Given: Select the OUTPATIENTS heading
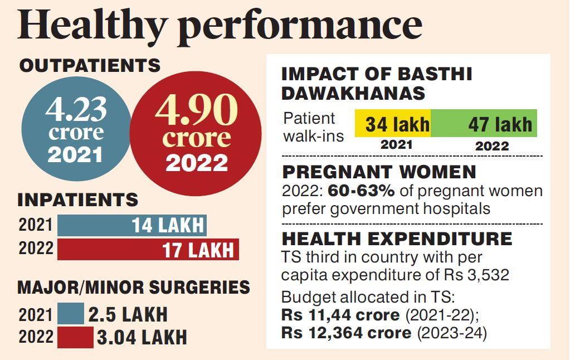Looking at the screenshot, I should (x=90, y=66).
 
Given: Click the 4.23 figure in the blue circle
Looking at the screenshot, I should (x=76, y=110).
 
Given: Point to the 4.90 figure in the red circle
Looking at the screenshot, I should (x=196, y=111).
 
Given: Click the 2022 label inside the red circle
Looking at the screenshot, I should (x=197, y=163).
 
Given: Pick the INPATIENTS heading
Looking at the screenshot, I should (x=78, y=200).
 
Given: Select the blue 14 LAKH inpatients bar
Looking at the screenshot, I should (x=132, y=225).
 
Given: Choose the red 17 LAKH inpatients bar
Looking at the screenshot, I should (x=148, y=249).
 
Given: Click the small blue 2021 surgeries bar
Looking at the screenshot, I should (x=71, y=314).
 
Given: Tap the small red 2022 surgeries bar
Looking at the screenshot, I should (x=75, y=337).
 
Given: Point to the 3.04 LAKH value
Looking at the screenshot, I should (x=142, y=337).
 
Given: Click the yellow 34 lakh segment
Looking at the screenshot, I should (x=393, y=124).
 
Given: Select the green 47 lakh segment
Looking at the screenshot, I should (x=484, y=124).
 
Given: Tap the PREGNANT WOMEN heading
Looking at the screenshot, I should (x=379, y=173).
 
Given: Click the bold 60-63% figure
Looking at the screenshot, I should (x=361, y=191).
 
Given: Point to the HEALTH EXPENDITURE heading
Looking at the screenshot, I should (x=397, y=239).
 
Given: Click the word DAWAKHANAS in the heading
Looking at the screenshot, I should (x=354, y=93).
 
